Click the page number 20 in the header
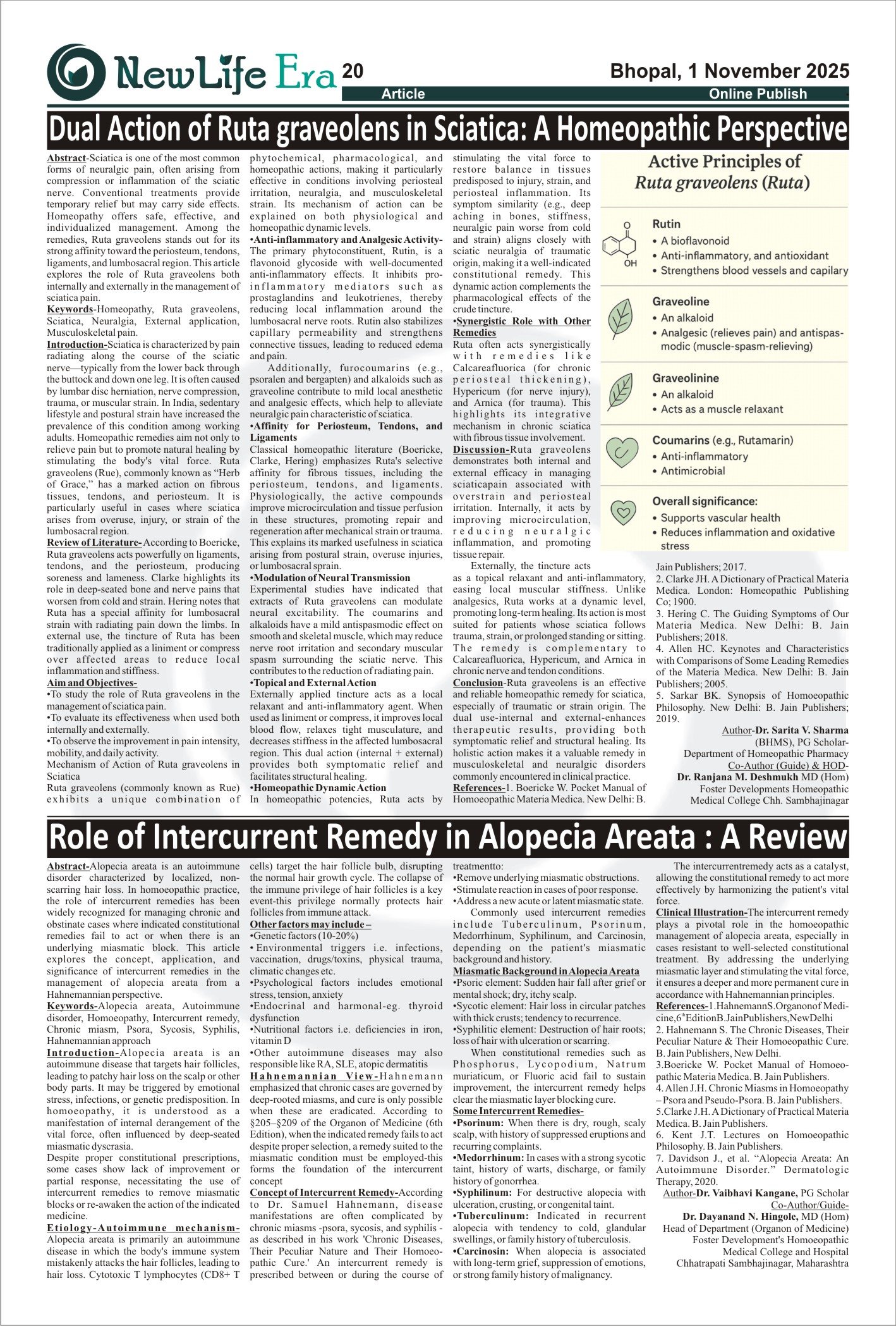353,71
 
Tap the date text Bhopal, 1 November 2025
729,71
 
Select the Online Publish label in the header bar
758,94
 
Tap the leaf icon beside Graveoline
620,319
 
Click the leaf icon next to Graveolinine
620,392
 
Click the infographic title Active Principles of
724,161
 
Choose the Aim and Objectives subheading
92,683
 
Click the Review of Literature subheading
94,543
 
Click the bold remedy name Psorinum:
479,1123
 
